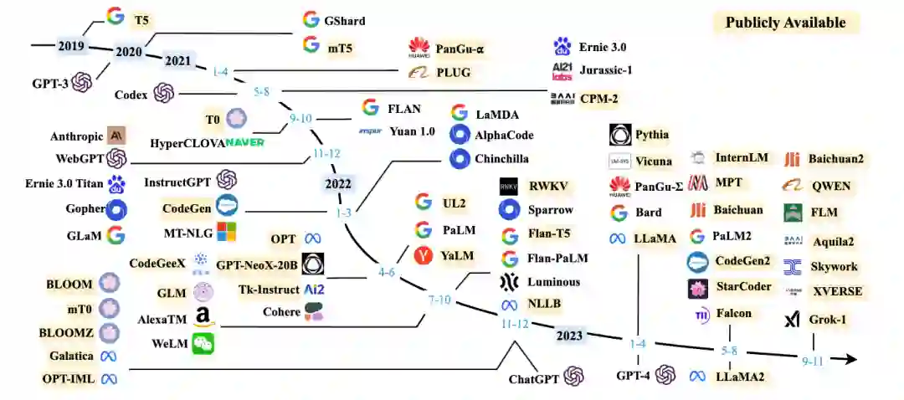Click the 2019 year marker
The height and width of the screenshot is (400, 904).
coord(70,45)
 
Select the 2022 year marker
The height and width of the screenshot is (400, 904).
coord(338,184)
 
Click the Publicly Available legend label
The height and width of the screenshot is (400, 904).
coord(785,23)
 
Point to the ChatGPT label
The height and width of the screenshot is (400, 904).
coord(533,379)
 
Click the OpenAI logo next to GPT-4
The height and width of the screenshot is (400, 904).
coord(665,375)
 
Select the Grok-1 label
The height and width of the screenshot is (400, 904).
coord(827,319)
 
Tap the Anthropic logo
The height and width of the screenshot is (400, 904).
coord(116,135)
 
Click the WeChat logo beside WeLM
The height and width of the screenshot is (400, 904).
coord(203,342)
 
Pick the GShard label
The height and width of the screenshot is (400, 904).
coord(345,21)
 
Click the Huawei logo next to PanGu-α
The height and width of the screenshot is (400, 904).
coord(419,49)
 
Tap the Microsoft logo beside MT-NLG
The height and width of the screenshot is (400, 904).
coord(227,231)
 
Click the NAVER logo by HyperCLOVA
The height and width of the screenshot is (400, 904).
coord(244,142)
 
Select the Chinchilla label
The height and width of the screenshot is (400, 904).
coord(503,158)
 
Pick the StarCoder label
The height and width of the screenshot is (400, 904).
coord(743,287)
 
